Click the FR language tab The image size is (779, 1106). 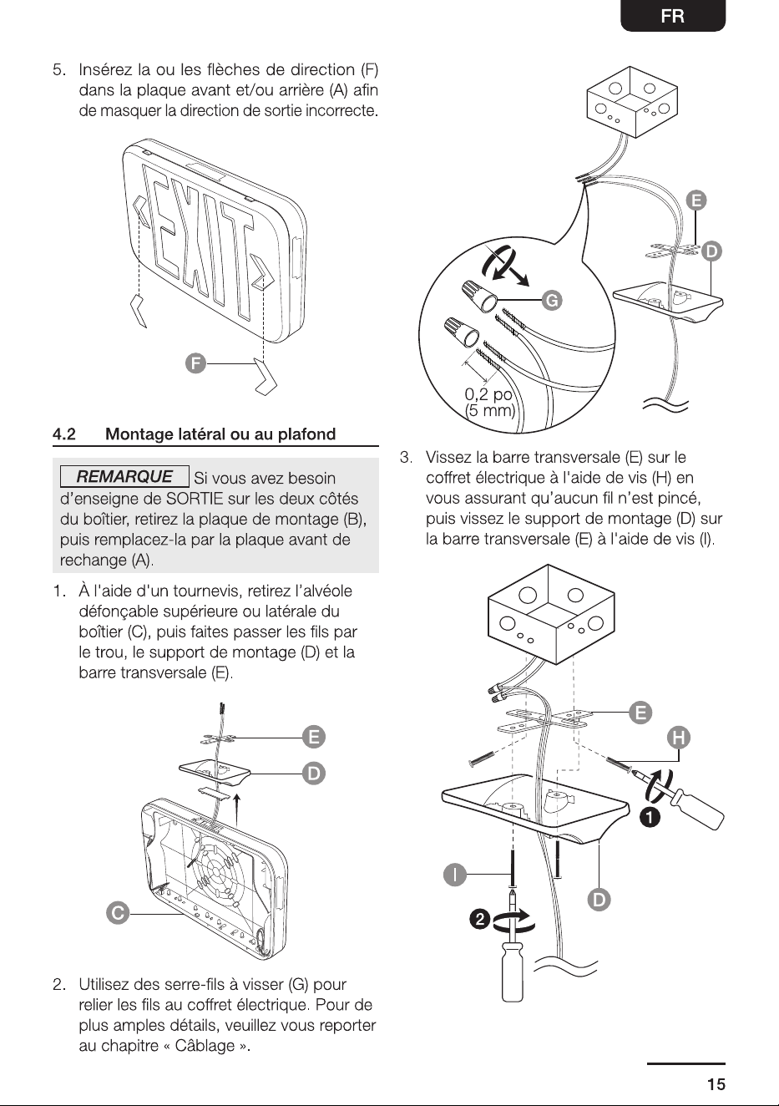673,16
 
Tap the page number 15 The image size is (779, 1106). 716,1084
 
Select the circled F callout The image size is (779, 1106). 195,364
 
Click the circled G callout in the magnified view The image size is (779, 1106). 551,300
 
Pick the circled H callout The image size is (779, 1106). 678,738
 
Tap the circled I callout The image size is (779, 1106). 454,875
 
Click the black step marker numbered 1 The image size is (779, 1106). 650,818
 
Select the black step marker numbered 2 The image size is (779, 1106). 479,920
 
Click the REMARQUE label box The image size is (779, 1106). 124,476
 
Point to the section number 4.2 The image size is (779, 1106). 64,434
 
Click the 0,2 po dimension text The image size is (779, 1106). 488,394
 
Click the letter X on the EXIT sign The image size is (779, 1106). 188,236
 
